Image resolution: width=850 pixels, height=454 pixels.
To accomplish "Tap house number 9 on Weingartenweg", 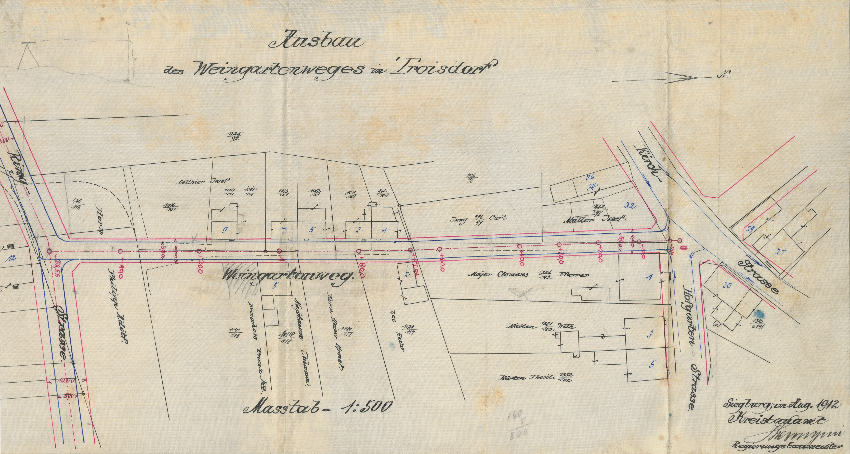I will point(225,230).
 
